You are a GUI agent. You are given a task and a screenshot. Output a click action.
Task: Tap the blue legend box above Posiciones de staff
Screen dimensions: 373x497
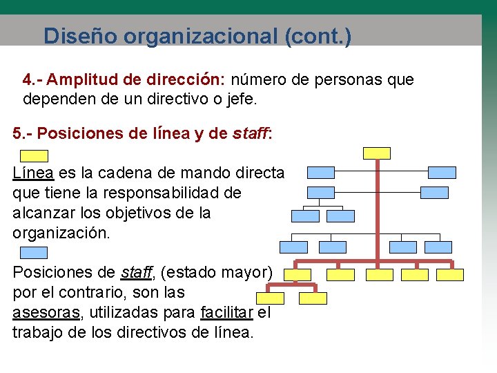33,253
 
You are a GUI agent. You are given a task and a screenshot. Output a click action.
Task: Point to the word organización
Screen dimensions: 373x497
61,233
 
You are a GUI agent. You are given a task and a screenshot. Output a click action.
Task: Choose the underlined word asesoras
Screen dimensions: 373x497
46,312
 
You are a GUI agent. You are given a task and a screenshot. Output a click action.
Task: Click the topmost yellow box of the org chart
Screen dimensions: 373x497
376,153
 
